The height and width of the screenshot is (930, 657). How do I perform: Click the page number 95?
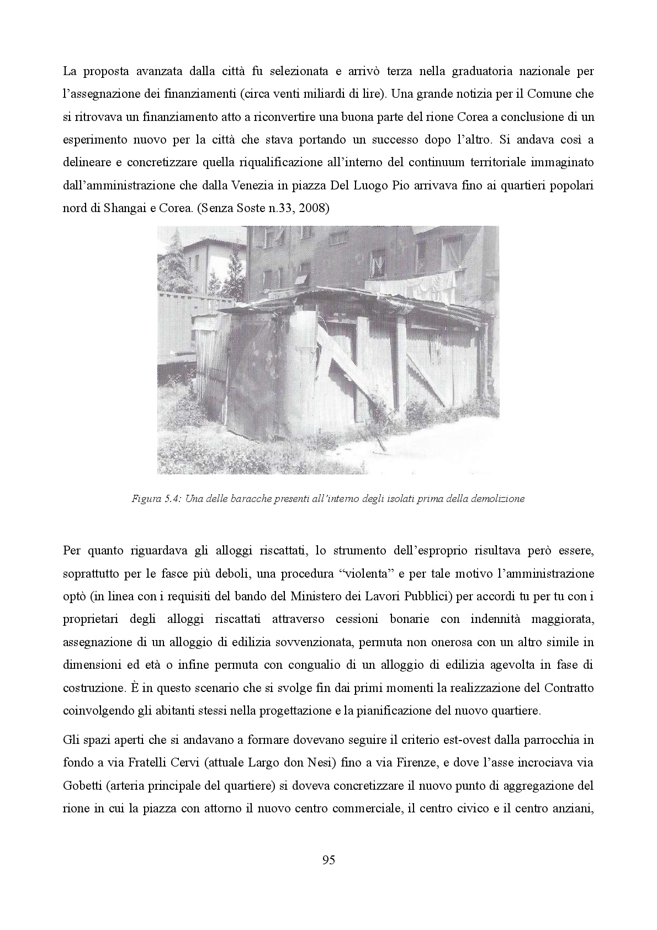[328, 860]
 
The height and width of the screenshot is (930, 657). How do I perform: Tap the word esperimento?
[96, 140]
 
